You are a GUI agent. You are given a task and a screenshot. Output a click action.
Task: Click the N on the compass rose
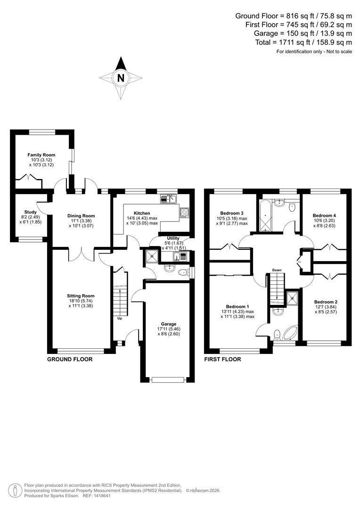coord(121,78)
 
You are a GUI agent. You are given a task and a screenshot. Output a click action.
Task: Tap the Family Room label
coord(41,155)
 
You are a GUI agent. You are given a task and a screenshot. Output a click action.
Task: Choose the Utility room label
coord(173,238)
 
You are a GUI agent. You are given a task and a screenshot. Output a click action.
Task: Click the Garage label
coord(168,324)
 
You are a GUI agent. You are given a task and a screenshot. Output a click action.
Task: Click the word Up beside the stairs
coord(119,318)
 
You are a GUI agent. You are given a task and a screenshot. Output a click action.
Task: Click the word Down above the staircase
coord(277,270)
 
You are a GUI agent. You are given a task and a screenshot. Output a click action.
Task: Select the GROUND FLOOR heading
coord(70,359)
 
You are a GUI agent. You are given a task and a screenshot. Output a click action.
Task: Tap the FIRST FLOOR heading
coord(222,359)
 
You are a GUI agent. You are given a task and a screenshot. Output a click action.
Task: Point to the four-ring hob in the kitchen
coord(184,212)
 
